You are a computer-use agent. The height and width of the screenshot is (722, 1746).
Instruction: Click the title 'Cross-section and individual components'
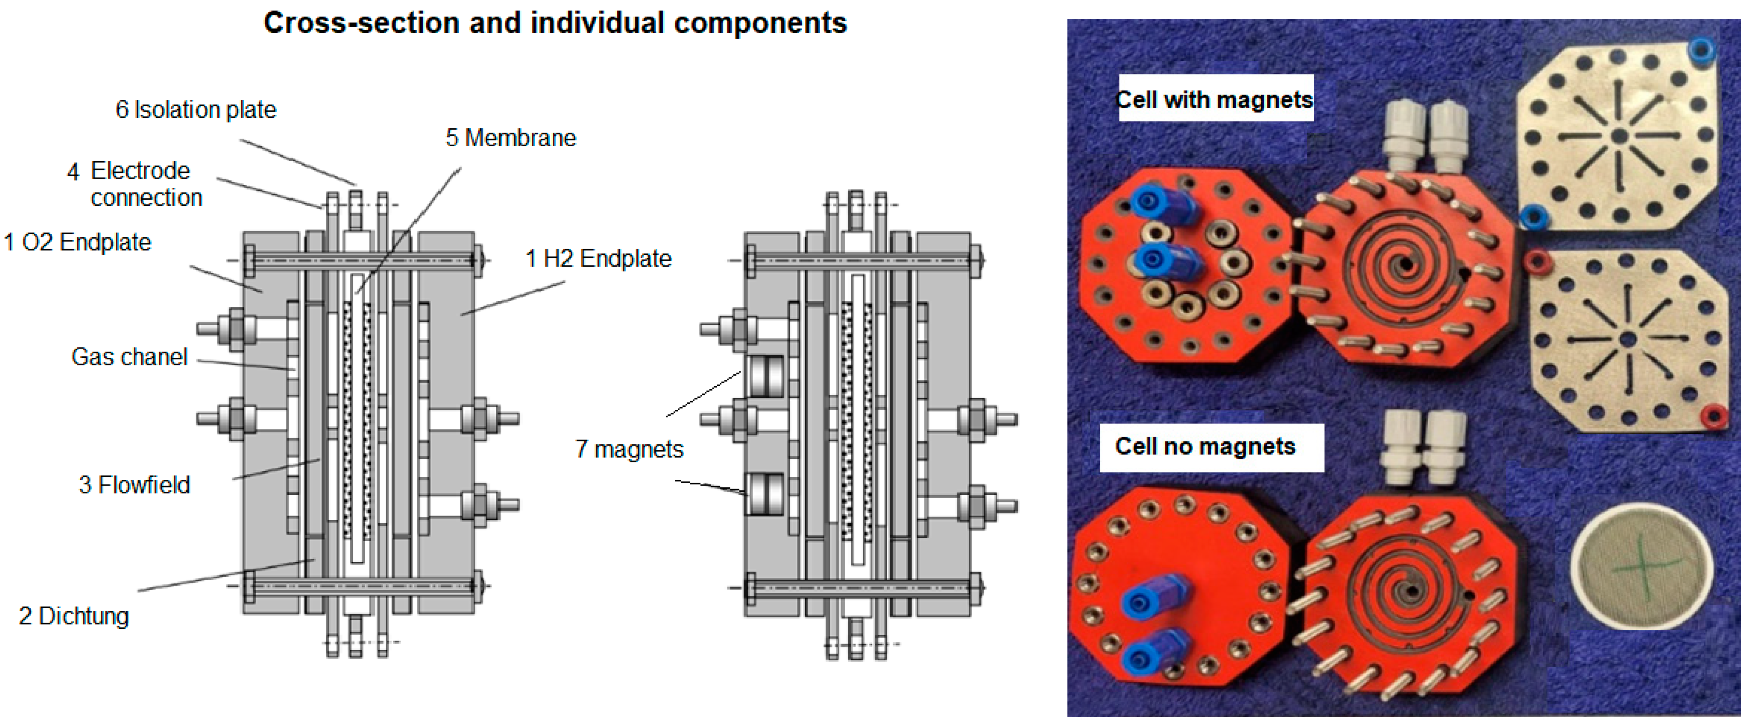click(x=555, y=23)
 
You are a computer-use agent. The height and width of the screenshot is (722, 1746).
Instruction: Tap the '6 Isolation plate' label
click(x=196, y=110)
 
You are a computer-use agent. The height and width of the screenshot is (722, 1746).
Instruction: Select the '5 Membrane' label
click(x=510, y=138)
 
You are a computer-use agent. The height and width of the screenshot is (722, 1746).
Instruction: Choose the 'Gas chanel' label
click(x=129, y=357)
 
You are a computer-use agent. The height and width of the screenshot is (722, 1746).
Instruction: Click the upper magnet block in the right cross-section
click(x=766, y=377)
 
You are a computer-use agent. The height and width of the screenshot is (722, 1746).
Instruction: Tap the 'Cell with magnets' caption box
click(x=1215, y=99)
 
